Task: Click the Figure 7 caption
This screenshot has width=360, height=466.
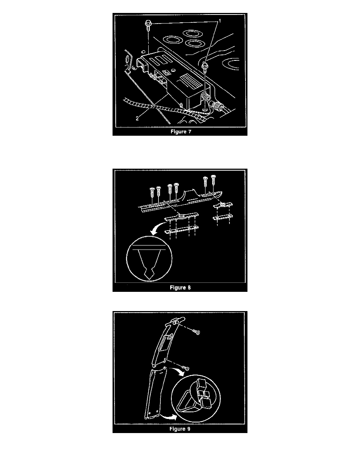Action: pyautogui.click(x=181, y=132)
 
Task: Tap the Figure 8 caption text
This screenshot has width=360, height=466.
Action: pyautogui.click(x=180, y=288)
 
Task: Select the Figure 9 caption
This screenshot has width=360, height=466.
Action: pyautogui.click(x=180, y=429)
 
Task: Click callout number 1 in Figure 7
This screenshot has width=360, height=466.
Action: pyautogui.click(x=220, y=21)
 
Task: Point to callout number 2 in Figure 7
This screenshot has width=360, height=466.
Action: pyautogui.click(x=137, y=118)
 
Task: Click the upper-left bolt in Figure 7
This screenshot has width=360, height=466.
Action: pyautogui.click(x=147, y=25)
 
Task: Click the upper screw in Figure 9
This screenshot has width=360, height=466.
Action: pyautogui.click(x=196, y=331)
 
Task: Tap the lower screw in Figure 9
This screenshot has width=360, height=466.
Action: pyautogui.click(x=186, y=368)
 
